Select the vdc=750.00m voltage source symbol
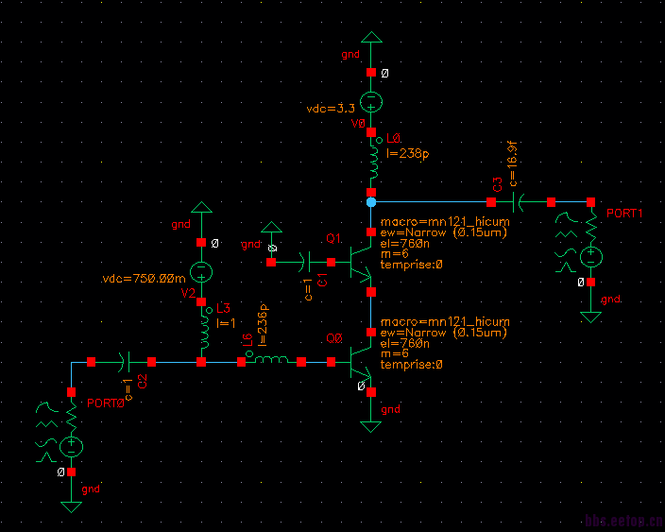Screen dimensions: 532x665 pos(200,272)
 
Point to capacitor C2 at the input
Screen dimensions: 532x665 pos(127,361)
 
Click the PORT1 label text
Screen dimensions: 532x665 pos(624,214)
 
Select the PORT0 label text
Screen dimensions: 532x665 pos(106,403)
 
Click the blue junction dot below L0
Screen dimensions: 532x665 pos(371,202)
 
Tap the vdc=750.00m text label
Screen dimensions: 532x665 pos(144,279)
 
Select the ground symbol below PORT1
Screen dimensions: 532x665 pos(590,315)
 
